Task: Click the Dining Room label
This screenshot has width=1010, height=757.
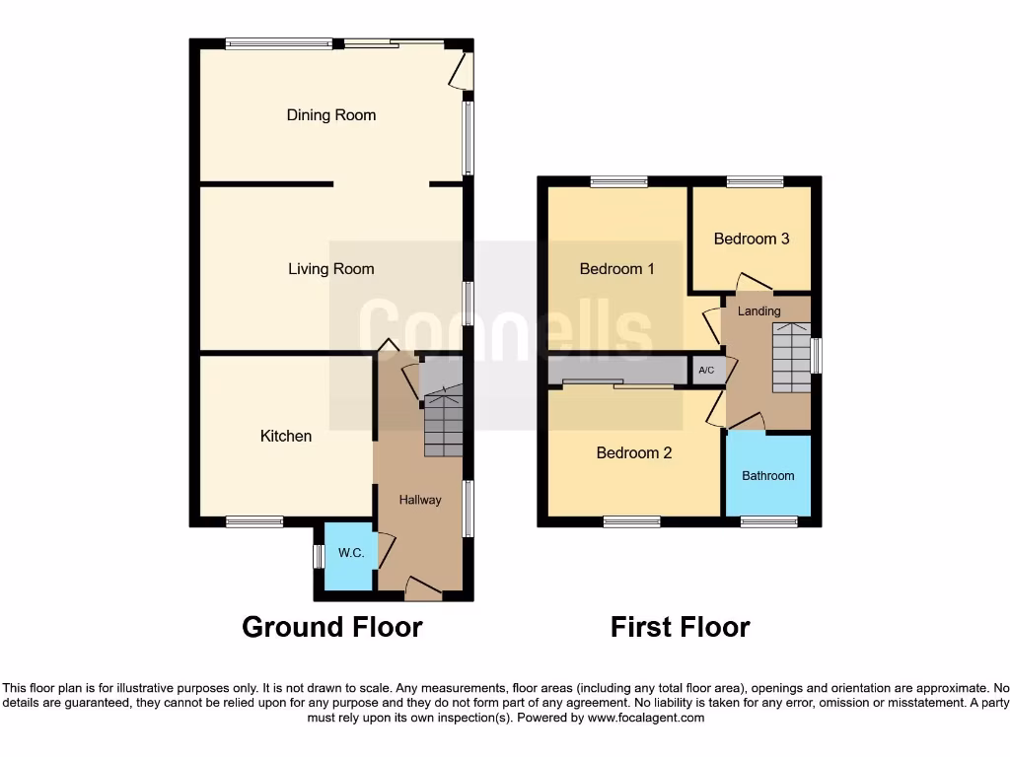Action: point(331,115)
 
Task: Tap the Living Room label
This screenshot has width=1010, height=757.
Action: point(331,269)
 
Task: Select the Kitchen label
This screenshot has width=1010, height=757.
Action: point(286,436)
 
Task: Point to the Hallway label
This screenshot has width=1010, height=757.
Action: point(420,500)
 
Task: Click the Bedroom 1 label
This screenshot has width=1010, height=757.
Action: point(617,269)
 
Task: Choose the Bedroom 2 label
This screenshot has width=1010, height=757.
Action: point(634,453)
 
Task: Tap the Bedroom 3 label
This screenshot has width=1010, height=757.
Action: point(752,239)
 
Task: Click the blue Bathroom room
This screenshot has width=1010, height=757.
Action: point(768,475)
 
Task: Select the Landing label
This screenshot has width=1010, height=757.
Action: point(759,311)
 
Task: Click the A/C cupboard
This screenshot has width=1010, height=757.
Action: point(707,371)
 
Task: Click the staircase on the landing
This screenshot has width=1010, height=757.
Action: point(789,357)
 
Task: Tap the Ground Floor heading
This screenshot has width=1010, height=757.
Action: point(332,627)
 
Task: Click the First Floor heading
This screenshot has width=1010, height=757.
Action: point(681,627)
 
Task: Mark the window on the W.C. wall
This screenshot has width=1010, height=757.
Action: point(319,556)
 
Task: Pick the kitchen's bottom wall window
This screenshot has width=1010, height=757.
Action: point(254,521)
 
